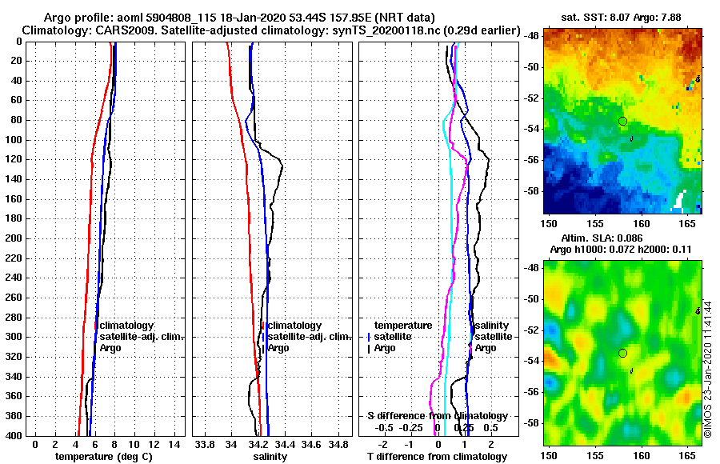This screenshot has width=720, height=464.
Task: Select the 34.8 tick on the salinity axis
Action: (338, 443)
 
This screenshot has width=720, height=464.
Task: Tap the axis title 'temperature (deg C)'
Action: (103, 456)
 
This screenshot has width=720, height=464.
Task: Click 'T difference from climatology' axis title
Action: (437, 456)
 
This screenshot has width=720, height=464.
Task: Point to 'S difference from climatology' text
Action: (437, 416)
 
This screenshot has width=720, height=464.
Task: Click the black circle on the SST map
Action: (622, 121)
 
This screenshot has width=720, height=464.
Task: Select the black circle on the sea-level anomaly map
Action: (622, 353)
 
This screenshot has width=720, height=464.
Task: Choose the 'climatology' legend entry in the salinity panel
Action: (294, 326)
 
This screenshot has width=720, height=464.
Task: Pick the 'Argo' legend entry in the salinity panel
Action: (278, 348)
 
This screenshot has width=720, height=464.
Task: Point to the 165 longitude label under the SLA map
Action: (691, 455)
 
